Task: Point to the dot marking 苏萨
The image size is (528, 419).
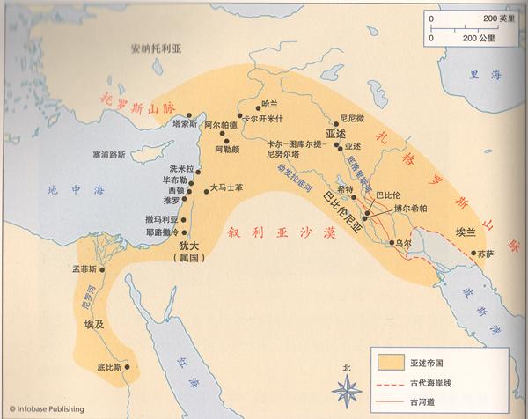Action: coord(477,254)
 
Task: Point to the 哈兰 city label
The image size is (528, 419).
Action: coord(271,104)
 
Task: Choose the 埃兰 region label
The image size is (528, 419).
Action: coord(466,233)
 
